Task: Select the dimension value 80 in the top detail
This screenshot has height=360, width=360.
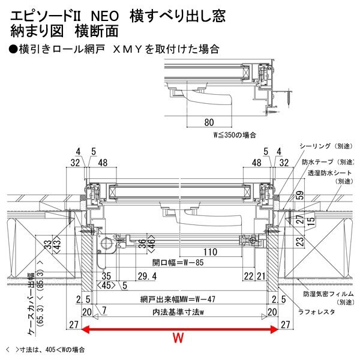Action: [209, 122]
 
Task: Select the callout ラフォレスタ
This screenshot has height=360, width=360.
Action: [319, 311]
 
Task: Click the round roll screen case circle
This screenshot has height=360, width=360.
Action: [107, 244]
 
